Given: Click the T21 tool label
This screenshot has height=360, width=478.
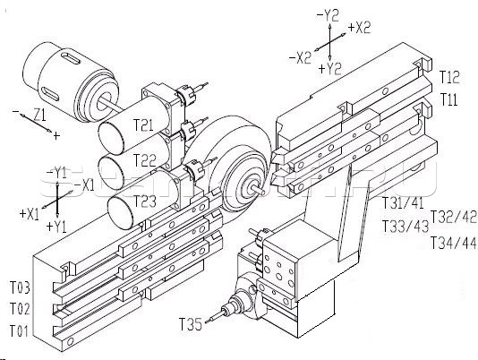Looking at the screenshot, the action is click(143, 124).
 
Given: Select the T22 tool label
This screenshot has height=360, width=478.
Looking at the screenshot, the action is click(145, 160).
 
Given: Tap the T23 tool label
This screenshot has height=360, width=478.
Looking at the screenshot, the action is click(145, 201).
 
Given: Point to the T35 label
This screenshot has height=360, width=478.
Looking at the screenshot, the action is click(191, 324).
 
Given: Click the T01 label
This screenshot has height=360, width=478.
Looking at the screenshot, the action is click(19, 331).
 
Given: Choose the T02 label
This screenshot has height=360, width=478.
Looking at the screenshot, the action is click(20, 309).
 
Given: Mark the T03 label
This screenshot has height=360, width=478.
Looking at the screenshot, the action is click(20, 287).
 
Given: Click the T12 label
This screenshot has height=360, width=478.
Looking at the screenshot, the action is click(449, 77).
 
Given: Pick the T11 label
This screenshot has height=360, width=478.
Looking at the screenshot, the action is click(448, 99).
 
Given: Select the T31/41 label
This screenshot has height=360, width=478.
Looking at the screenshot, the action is click(403, 202).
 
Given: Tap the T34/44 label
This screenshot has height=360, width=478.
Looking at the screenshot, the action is click(453, 243).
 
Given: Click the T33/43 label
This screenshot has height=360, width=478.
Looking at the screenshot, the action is click(405, 227).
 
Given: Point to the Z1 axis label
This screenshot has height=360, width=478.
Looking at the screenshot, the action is click(39, 116).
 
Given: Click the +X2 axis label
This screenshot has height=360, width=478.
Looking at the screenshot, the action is click(359, 28).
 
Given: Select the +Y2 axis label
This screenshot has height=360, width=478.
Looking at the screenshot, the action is click(329, 69).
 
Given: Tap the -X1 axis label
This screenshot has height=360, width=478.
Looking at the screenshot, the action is click(84, 185).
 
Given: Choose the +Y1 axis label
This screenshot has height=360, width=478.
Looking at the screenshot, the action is click(56, 227).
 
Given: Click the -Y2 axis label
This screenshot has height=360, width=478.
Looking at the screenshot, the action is click(328, 15).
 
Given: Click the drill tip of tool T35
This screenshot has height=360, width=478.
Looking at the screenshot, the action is click(206, 321).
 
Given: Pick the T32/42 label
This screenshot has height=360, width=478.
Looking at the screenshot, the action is click(453, 217).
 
